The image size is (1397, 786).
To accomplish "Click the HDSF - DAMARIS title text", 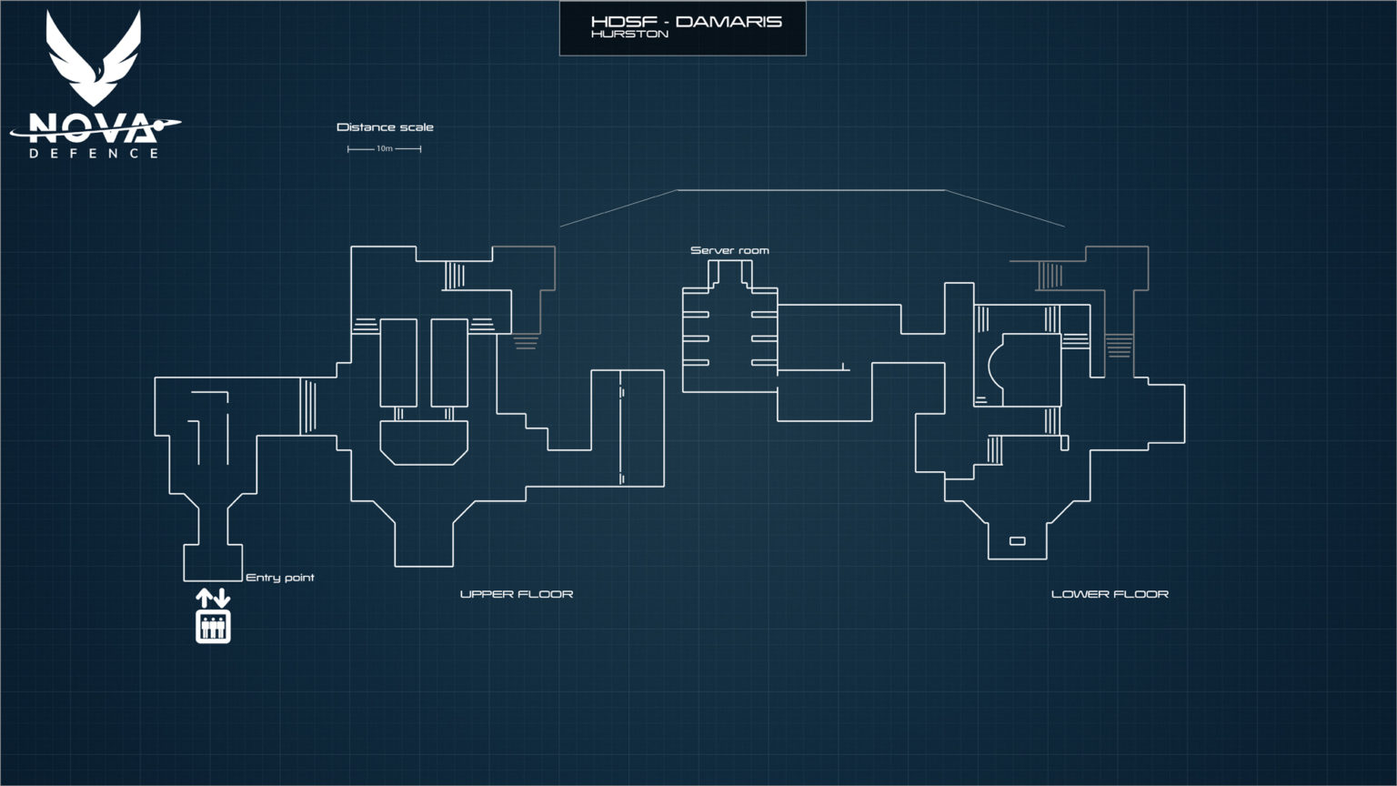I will tap(685, 21).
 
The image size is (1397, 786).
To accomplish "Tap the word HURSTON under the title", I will tap(629, 35).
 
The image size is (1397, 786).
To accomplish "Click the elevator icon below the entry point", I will tap(213, 627).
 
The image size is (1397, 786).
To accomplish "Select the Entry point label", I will tap(280, 578).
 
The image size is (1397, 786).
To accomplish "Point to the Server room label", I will tap(729, 250).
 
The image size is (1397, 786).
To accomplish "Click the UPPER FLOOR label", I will tap(517, 594).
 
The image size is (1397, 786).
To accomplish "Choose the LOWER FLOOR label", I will tap(1110, 594).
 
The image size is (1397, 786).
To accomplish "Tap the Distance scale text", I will tap(385, 127).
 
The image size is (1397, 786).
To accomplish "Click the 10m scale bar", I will tap(385, 148).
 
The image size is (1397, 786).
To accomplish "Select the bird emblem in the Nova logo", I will tap(94, 60).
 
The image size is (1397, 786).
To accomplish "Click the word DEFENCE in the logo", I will tap(94, 154).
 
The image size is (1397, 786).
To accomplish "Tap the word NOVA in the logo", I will tap(91, 127).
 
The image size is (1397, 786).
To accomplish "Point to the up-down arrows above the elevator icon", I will tap(213, 598).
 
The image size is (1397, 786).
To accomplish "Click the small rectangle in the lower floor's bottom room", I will tap(1018, 541).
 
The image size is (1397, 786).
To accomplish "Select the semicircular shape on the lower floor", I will tap(998, 362).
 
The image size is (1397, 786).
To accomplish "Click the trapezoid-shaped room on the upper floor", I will tap(424, 443).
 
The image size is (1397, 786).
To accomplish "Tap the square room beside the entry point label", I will tap(213, 562).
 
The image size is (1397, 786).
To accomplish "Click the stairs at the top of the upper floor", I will tap(455, 275).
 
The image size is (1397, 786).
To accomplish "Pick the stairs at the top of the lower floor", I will tap(1050, 275).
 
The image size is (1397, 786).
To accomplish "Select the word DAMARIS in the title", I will tap(729, 21).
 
